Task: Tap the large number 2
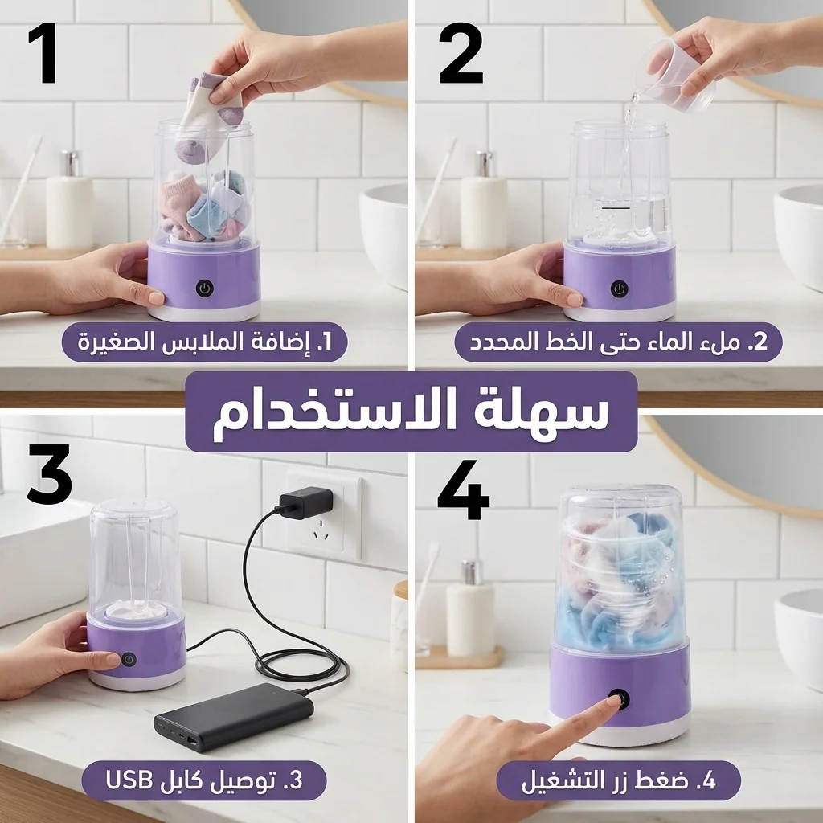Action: (461, 54)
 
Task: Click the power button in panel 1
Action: (204, 288)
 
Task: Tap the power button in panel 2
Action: (618, 288)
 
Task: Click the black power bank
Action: (234, 717)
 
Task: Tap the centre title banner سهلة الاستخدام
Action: (411, 412)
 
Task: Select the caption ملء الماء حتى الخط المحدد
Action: (618, 343)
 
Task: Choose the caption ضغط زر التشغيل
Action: (617, 780)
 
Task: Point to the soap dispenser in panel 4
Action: (470, 611)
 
